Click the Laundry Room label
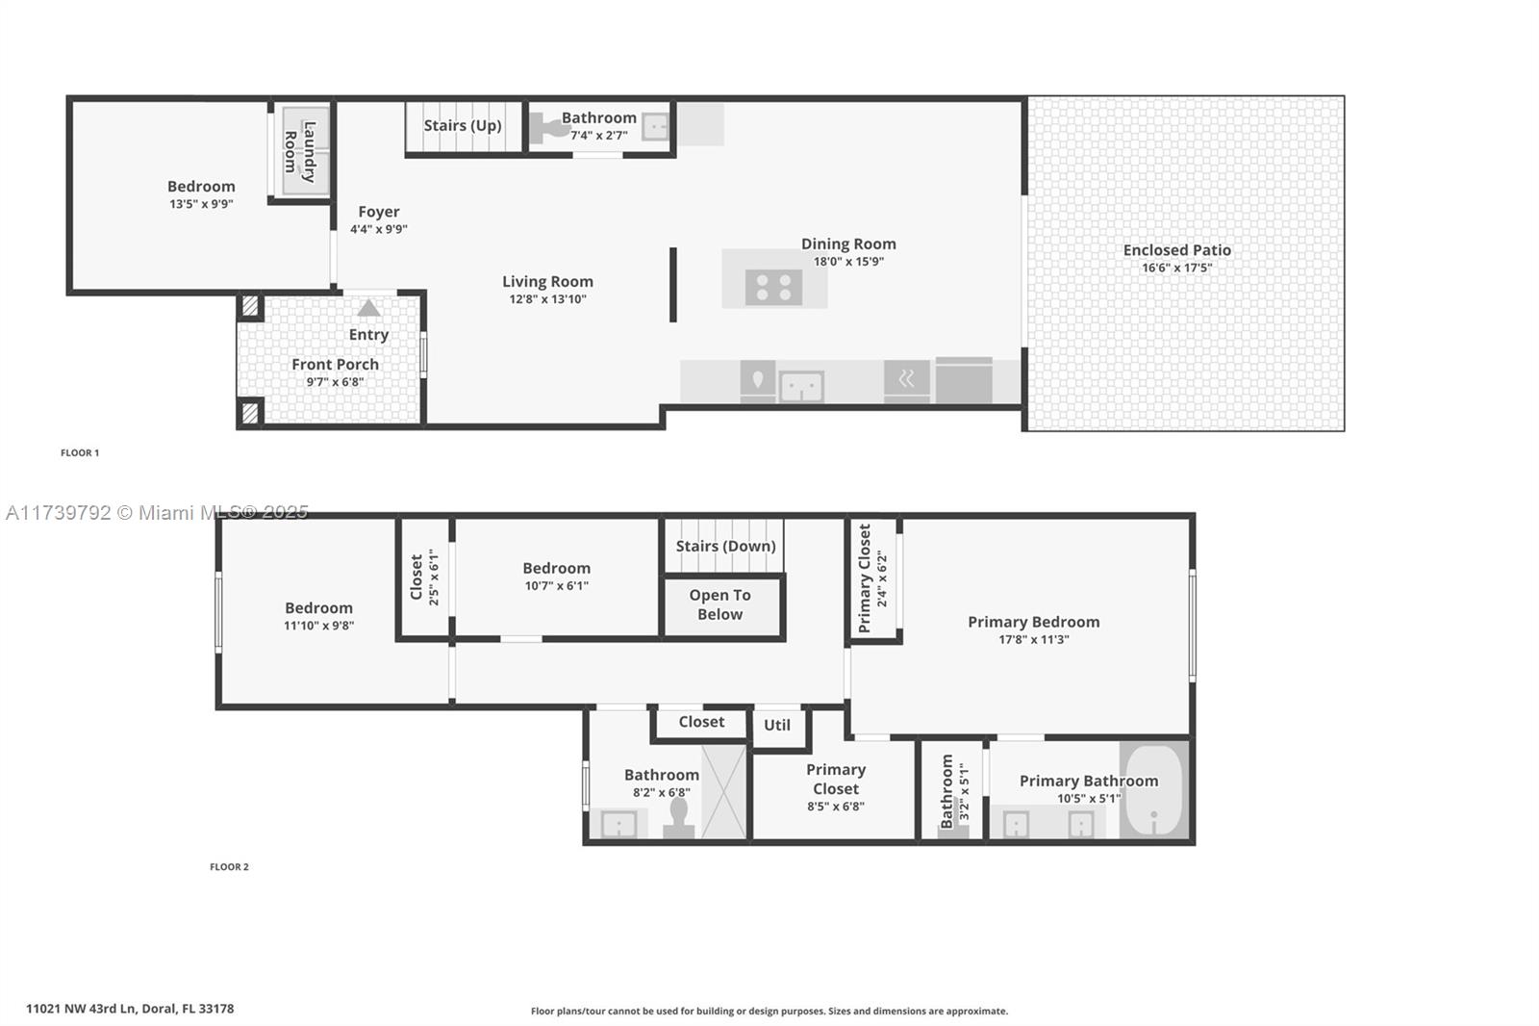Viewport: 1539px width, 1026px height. coord(300,152)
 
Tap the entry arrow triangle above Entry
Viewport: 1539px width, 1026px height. coord(369,308)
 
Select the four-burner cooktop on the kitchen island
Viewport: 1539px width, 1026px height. coord(773,287)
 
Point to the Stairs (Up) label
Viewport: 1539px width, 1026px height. coord(463,125)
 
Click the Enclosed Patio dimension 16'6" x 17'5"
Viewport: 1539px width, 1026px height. coord(1177,268)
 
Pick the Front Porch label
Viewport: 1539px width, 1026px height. coord(336,365)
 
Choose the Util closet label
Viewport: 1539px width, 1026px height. coord(777,725)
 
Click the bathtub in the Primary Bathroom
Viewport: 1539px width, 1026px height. coord(1154,789)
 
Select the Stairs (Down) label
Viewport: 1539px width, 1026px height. coord(725,546)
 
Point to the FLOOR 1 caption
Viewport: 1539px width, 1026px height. coord(80,452)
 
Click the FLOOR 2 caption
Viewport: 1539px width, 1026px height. coord(230,866)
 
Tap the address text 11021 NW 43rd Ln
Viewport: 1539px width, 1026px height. coord(82,1009)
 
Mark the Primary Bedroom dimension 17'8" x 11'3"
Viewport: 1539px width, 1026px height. coord(1034,639)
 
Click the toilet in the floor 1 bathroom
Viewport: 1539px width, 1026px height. coord(550,129)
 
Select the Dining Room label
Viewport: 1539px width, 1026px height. coord(848,244)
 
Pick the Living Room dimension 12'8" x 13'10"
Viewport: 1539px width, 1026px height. coord(547,299)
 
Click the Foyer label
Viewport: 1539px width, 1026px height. coord(379,212)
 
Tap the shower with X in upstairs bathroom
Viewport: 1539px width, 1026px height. coord(724,791)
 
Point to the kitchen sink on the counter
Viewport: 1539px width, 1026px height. coord(802,385)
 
